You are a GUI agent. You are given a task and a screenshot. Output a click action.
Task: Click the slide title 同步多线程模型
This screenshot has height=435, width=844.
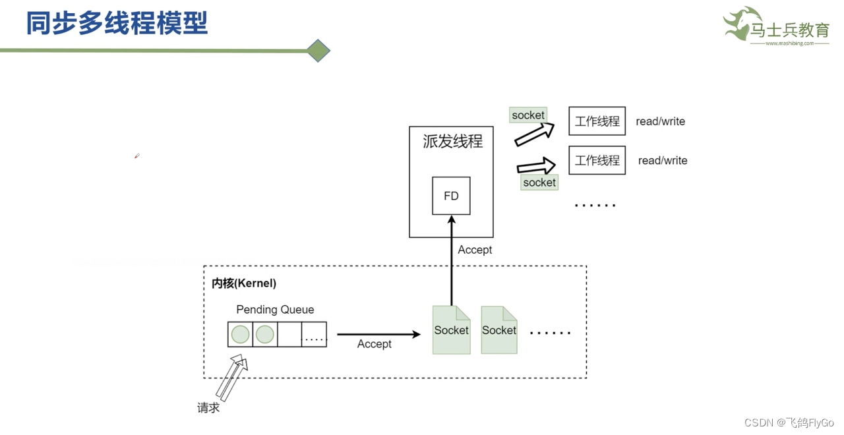point(117,22)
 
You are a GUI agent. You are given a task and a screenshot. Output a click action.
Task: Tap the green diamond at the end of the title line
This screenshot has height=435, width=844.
point(318,51)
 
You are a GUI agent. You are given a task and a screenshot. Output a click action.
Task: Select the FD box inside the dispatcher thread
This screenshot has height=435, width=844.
point(451,196)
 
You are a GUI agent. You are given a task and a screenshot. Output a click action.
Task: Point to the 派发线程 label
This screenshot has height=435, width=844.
point(452,142)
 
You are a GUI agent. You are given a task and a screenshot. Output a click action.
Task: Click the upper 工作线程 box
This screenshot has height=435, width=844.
point(597,121)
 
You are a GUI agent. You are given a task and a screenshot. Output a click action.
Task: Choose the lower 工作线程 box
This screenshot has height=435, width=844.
point(597,160)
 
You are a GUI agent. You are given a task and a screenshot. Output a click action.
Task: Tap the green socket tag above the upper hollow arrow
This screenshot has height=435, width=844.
point(528,115)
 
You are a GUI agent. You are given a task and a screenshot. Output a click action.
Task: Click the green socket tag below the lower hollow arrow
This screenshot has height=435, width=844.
point(539,183)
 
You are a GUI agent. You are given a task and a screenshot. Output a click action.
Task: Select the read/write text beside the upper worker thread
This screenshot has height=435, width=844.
point(660,121)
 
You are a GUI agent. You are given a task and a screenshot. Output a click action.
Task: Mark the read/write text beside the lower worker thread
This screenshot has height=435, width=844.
point(663,160)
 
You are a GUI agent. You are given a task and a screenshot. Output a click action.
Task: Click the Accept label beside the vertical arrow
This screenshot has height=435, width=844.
point(475,250)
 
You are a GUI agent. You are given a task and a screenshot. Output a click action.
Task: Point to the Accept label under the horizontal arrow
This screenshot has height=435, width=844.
point(374,344)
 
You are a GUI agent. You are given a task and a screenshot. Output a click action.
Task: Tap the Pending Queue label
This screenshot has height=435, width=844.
point(275,310)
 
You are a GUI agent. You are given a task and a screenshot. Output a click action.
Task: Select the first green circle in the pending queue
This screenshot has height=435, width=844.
point(241,334)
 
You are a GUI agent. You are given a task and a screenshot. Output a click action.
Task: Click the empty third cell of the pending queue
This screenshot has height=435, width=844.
point(289,334)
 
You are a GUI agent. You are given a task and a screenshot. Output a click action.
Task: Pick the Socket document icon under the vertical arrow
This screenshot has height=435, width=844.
point(452,330)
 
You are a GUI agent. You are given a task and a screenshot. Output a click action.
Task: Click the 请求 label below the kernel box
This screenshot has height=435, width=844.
point(208,408)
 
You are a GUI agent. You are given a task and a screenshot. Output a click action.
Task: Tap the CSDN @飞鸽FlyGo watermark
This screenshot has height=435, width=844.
point(789,422)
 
